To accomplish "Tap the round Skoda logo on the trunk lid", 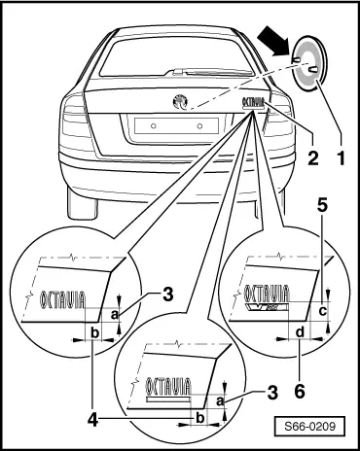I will pos(178,99).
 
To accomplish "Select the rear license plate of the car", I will pos(175,125).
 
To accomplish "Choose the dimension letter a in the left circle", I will pos(116,314).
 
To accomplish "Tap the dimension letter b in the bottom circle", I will pos(199,418).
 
